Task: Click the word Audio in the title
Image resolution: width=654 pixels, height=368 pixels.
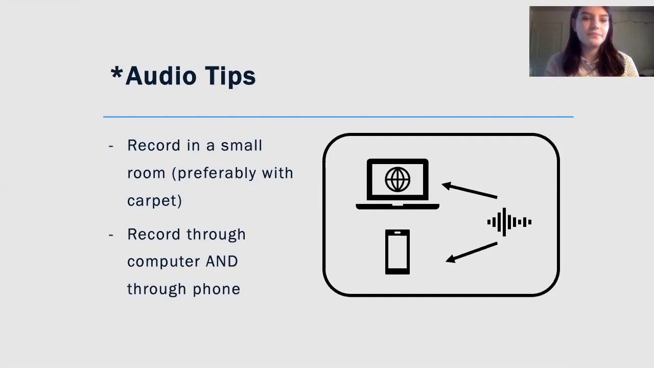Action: coord(160,76)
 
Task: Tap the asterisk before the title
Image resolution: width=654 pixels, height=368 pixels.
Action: coord(116,73)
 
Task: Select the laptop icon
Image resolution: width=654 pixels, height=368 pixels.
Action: coord(398,185)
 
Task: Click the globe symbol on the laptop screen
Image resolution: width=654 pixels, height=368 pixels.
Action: coord(398,179)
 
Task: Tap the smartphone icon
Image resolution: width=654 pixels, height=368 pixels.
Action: coord(398,252)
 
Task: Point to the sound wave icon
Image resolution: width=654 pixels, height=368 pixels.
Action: coord(509,222)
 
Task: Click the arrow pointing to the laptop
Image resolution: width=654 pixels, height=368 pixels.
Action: coord(469,190)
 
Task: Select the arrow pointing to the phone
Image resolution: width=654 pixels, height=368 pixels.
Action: coord(471,252)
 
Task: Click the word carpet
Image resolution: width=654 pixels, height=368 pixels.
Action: coord(154,201)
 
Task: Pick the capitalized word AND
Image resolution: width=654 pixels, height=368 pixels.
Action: coord(222,262)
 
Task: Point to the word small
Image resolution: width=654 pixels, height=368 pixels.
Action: coord(241,146)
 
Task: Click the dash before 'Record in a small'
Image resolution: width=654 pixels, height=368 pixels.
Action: coord(111,146)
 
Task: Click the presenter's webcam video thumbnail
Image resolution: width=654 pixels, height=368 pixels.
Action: coord(591,41)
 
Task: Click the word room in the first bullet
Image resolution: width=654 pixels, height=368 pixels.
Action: coord(146,173)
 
